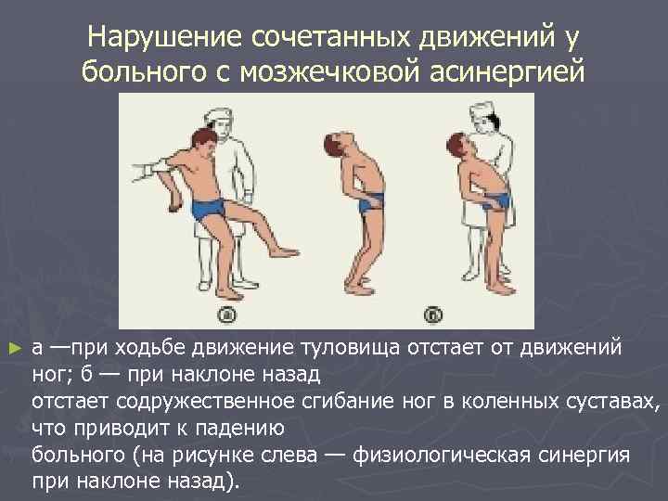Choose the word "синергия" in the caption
(597, 456)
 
